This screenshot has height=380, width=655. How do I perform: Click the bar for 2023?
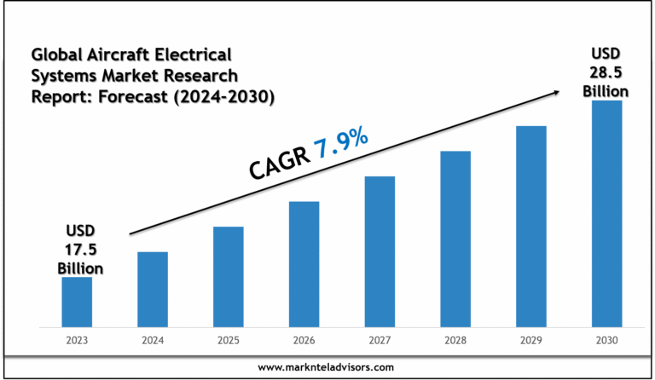click(77, 302)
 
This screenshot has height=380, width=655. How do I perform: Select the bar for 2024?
click(153, 289)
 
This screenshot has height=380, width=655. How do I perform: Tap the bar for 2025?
click(229, 276)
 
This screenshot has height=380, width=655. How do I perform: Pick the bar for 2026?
click(304, 264)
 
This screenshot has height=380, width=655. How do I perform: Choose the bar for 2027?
click(380, 251)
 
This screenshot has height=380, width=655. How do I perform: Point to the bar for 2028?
click(455, 239)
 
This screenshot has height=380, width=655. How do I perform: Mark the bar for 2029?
click(530, 226)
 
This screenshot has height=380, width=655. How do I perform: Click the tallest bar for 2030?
click(606, 213)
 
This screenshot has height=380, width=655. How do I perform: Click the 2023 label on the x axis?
click(77, 341)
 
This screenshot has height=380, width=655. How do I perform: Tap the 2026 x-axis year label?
click(304, 341)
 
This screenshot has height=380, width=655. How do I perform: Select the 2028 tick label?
click(455, 341)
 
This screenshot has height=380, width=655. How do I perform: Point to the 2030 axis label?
click(606, 341)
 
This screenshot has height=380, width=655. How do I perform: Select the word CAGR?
click(276, 161)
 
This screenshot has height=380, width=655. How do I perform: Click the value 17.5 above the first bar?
click(81, 250)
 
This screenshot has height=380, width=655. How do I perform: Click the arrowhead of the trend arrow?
click(558, 90)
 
